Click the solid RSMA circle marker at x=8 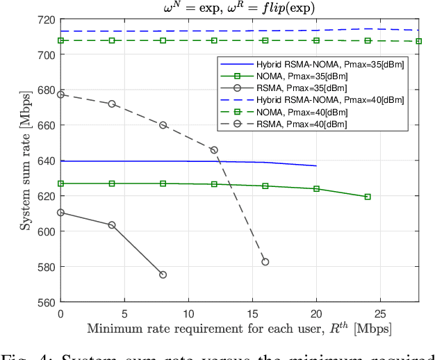pos(163,275)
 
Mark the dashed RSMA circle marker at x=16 pos(265,262)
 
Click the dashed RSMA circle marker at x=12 pos(214,150)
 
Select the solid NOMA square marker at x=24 pos(368,197)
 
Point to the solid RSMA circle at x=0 pos(60,213)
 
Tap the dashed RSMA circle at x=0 pos(60,95)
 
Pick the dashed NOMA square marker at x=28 pos(418,41)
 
